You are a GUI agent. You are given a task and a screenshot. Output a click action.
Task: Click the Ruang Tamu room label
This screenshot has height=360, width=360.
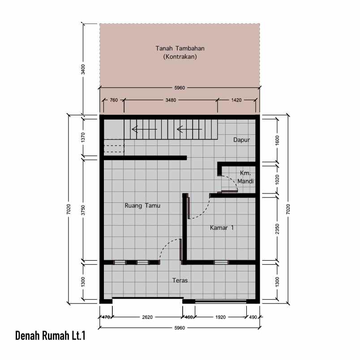(142, 206)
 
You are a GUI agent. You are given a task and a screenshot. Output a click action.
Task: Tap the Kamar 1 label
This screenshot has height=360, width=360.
(222, 228)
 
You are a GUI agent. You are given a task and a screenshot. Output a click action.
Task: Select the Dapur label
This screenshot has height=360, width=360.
(241, 140)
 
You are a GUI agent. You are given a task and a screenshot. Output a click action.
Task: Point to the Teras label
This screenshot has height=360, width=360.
(180, 281)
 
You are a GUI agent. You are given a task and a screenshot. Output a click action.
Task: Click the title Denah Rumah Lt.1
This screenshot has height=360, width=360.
(50, 335)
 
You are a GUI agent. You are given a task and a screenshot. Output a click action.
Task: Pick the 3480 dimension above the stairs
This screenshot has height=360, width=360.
(170, 100)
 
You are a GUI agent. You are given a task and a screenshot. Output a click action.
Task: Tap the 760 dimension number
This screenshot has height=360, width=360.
(113, 100)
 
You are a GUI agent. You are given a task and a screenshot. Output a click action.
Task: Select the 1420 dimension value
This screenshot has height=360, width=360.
(236, 100)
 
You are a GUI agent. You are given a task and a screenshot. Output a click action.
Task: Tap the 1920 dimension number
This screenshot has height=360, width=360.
(220, 317)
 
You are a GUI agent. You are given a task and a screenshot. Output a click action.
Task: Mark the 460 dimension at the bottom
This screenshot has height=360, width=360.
(189, 317)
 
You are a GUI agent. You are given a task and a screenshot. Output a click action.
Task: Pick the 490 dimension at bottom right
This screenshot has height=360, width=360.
(253, 317)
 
